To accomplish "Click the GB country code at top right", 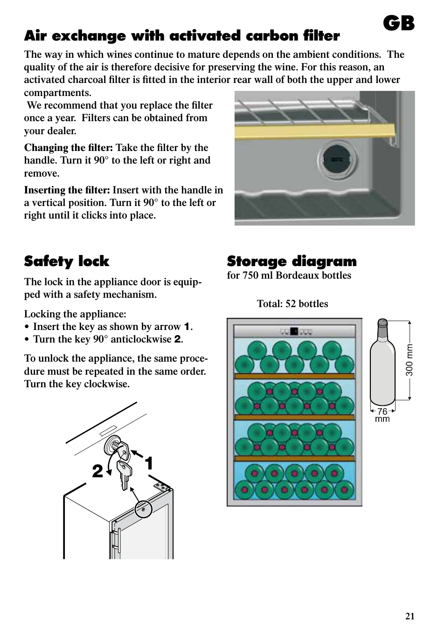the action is click(x=399, y=23).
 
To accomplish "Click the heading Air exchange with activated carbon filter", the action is click(x=182, y=36).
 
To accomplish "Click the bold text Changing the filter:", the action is click(x=69, y=148).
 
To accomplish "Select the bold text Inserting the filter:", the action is click(x=67, y=190).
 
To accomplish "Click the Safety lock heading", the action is click(x=67, y=261).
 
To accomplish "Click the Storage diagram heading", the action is click(x=292, y=261).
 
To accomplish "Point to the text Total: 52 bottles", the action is click(x=292, y=304).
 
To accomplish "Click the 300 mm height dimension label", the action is click(x=409, y=360).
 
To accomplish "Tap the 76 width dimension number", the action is click(x=382, y=412).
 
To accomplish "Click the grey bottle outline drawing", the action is click(x=382, y=364).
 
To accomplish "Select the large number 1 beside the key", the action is click(x=149, y=464).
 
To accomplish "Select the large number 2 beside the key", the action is click(x=97, y=471).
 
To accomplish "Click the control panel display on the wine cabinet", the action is click(x=294, y=332).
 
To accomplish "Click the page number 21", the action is click(x=410, y=616).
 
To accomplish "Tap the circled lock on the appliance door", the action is click(x=143, y=509).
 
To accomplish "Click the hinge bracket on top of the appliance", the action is click(x=162, y=487).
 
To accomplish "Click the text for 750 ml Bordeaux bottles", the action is click(x=289, y=275).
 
